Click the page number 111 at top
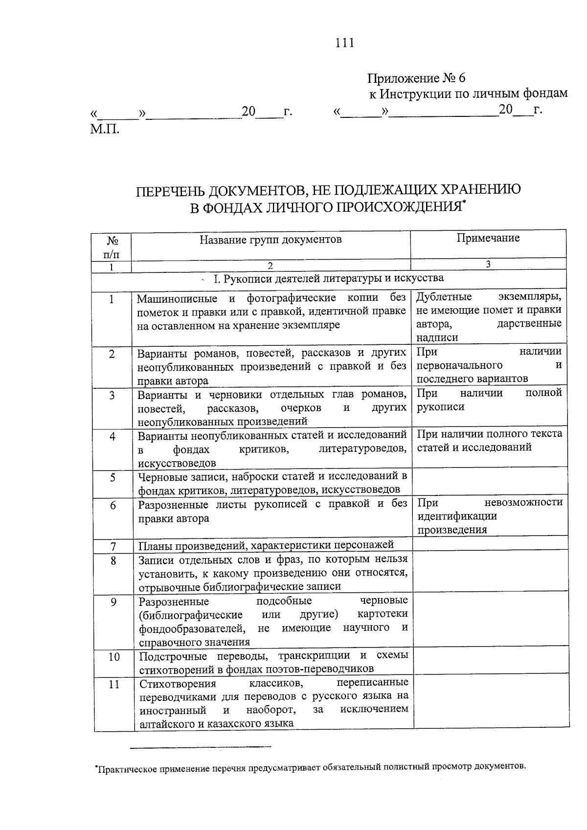(x=344, y=43)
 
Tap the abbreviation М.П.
(x=104, y=129)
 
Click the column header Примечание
(x=488, y=238)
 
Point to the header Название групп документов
(x=271, y=239)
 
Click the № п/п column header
(x=111, y=247)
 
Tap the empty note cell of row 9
(x=489, y=620)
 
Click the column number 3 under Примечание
(x=488, y=264)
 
